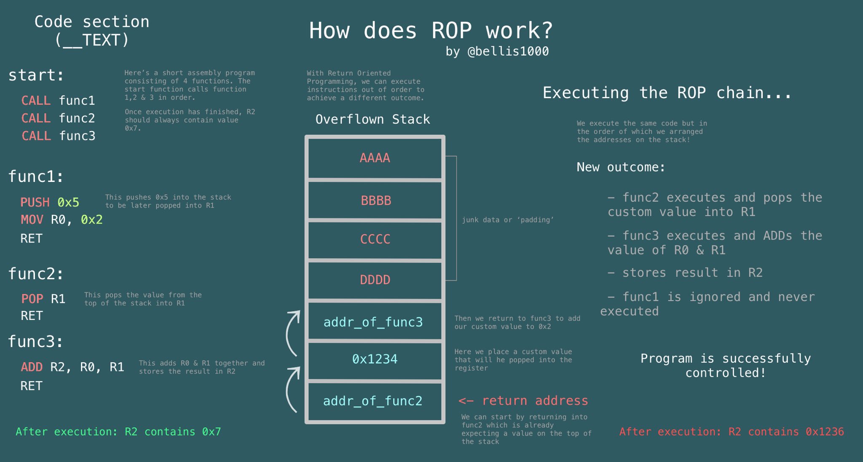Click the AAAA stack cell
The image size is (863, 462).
[x=375, y=158]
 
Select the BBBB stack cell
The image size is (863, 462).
[x=375, y=200]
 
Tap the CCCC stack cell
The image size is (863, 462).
[x=375, y=240]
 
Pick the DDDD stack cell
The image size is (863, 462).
[x=375, y=280]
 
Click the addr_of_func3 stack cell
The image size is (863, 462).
[x=375, y=321]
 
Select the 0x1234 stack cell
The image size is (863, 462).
[x=375, y=361]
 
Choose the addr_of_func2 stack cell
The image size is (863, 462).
[x=375, y=401]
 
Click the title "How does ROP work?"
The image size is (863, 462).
[x=431, y=31]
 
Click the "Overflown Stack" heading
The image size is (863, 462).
[x=373, y=119]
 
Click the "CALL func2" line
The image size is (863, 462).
[x=58, y=118]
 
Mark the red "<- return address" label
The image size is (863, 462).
[x=523, y=401]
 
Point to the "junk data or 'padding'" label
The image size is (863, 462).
[x=508, y=220]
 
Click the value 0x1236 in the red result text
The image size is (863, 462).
[x=825, y=432]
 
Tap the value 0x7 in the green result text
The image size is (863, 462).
[x=211, y=432]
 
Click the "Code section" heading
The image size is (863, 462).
[x=92, y=22]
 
